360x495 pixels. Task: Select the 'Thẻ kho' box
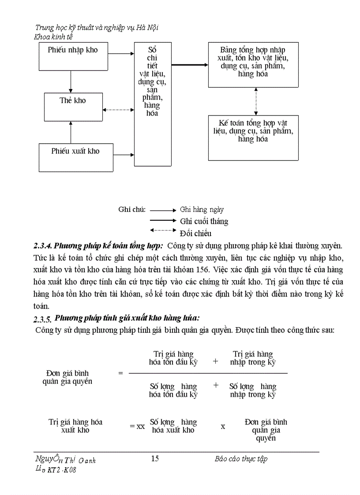73,107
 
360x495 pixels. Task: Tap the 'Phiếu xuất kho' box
75,157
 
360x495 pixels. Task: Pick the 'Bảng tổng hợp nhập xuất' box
253,65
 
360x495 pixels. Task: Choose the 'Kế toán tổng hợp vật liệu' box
253,137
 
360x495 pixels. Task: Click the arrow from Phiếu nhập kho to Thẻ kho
71,82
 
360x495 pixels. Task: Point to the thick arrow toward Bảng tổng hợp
190,65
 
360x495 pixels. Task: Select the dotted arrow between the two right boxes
255,101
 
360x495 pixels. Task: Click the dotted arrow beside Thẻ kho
118,109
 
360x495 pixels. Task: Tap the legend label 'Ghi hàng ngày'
202,210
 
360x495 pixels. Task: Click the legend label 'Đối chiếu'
195,233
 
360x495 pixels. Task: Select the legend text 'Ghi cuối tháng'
204,221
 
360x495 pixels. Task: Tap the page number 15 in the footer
155,459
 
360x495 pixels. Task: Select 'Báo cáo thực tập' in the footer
241,459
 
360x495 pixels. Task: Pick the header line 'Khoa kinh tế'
53,37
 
